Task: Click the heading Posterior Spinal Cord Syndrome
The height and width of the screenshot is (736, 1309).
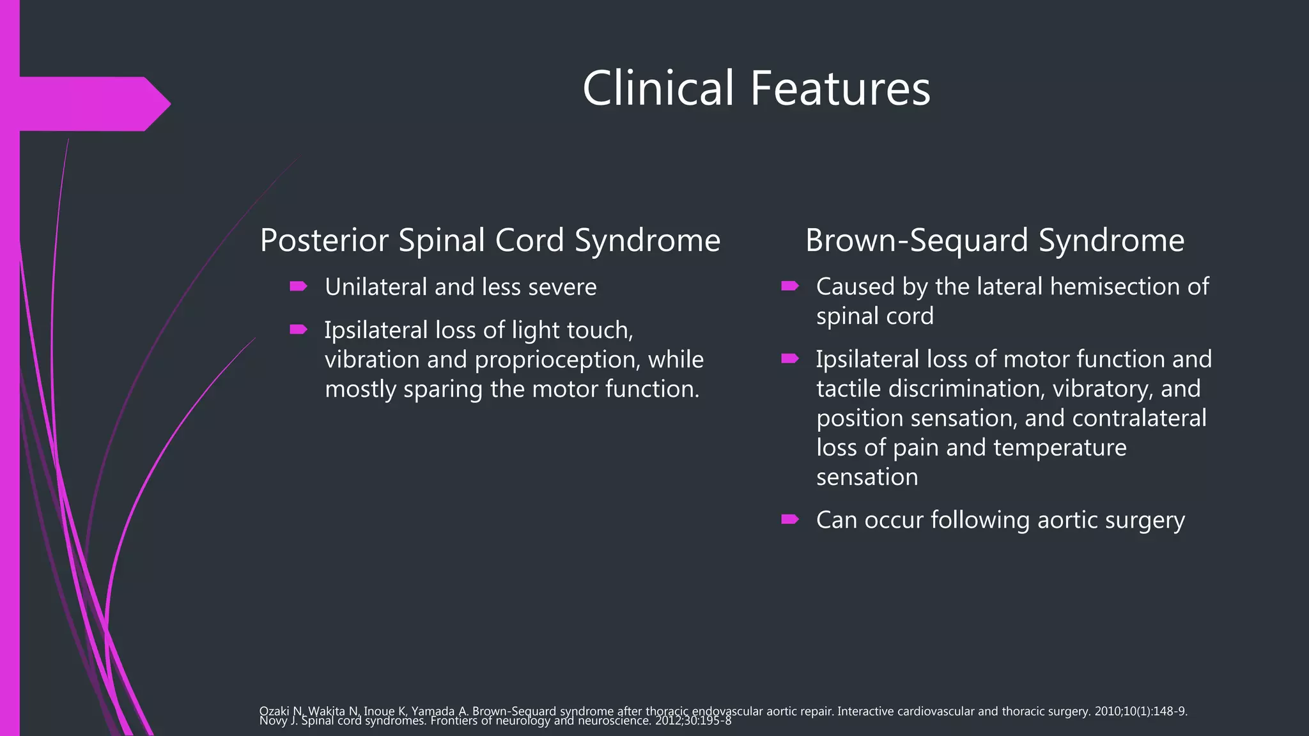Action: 490,240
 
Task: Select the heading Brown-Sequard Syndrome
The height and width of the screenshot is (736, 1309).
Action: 995,240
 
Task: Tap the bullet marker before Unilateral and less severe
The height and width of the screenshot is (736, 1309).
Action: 298,286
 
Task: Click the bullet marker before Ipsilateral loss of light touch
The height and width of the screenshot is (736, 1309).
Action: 298,330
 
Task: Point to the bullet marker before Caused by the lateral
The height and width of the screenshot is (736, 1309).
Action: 790,286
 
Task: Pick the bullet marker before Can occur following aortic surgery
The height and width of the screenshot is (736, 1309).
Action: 790,519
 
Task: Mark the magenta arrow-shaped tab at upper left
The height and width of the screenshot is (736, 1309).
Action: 89,103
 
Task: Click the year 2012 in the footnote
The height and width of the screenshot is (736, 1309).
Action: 667,721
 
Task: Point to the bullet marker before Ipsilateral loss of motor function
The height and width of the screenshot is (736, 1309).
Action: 790,358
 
